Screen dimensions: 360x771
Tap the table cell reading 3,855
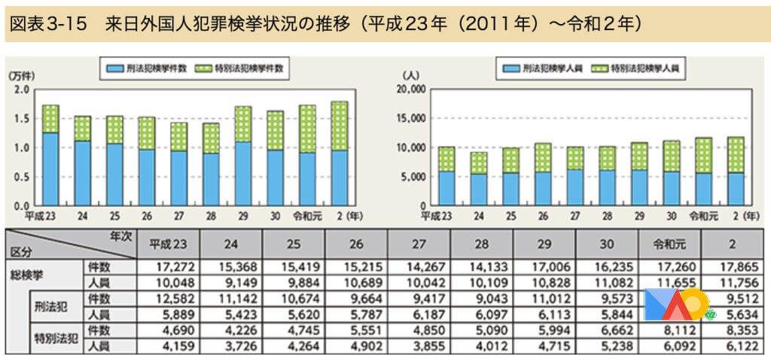click(419, 346)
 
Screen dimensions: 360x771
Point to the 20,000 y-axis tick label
click(410, 90)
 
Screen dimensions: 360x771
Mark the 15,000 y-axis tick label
click(410, 118)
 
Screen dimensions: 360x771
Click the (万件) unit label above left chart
click(23, 77)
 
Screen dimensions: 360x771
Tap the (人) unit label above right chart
click(411, 77)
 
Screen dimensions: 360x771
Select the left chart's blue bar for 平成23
click(50, 169)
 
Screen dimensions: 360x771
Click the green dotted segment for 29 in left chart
click(243, 124)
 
